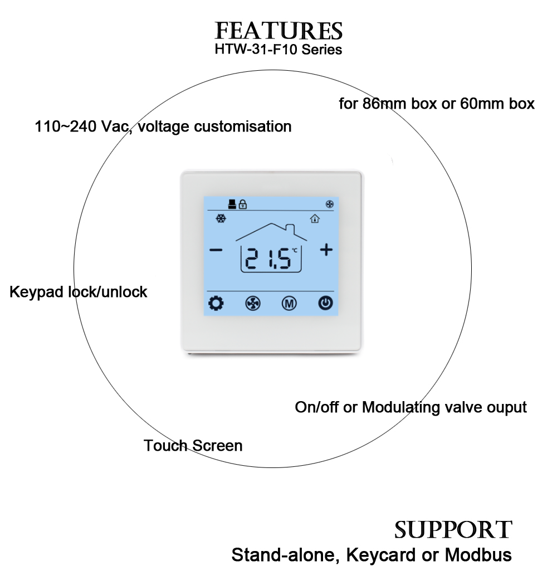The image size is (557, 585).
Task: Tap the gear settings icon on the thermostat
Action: click(x=216, y=304)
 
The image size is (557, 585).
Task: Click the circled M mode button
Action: click(x=289, y=304)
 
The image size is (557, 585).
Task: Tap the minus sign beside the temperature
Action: click(x=216, y=250)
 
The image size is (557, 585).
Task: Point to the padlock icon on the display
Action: click(x=243, y=204)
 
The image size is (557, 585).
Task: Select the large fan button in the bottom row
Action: click(x=252, y=304)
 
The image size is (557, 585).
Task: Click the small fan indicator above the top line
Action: click(x=328, y=204)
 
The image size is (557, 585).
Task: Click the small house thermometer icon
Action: click(x=315, y=219)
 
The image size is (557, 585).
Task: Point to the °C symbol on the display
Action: click(x=295, y=251)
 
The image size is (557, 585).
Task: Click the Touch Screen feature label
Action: click(x=193, y=446)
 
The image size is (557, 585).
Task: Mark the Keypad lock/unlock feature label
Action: click(x=79, y=291)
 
